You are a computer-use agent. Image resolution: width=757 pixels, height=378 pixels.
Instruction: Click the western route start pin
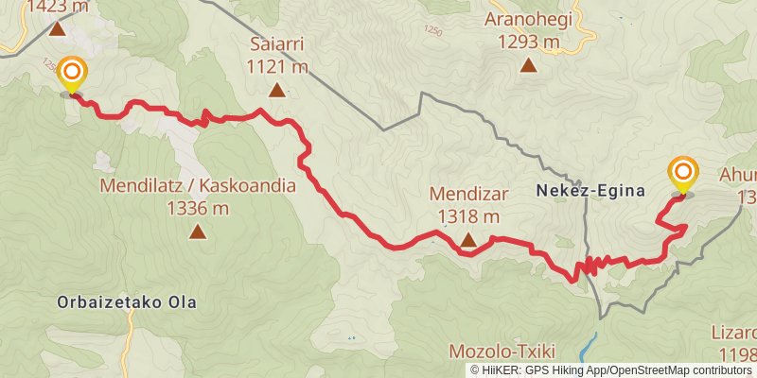click(71, 74)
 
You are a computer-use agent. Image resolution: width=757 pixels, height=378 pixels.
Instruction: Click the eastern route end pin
click(682, 175)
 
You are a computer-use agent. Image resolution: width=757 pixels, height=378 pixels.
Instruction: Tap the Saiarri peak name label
click(277, 45)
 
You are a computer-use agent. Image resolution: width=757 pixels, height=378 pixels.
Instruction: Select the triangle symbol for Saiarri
click(276, 91)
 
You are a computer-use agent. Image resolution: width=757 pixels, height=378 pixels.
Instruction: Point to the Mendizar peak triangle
click(468, 241)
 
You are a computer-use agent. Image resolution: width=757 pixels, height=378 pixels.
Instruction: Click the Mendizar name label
click(469, 195)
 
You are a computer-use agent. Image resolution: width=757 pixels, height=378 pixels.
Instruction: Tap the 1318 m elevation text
click(468, 216)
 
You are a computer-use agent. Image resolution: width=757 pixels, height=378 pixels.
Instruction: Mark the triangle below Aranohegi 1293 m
click(528, 65)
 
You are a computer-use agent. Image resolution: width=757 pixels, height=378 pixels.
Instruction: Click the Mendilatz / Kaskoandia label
click(197, 186)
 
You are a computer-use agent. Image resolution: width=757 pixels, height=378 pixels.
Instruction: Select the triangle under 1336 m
click(197, 231)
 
